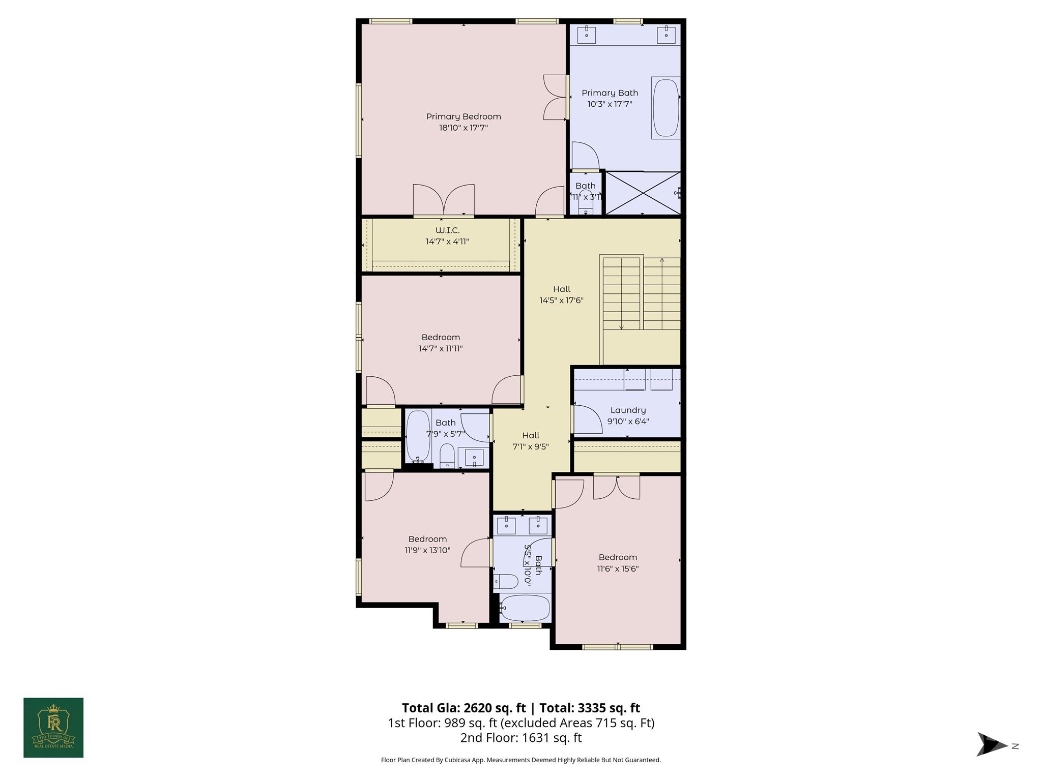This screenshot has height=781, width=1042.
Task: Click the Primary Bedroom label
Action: point(463,116)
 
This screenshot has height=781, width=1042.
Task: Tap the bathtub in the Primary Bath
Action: point(665,108)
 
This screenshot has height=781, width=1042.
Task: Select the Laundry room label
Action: point(628,410)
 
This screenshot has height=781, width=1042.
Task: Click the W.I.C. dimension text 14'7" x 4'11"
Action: point(447,242)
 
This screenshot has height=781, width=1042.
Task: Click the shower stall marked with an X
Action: point(643,193)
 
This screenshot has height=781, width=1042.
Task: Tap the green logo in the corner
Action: point(53,728)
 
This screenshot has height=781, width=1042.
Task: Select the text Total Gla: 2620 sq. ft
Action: point(463,708)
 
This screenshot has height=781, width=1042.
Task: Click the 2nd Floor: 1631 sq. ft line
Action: point(520,738)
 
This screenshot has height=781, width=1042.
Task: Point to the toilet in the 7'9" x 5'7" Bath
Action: point(447,455)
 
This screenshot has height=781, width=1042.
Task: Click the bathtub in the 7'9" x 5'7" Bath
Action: point(418,436)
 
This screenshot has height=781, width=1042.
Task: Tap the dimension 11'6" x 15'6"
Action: point(618,568)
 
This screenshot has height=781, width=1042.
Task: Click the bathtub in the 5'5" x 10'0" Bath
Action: point(525,608)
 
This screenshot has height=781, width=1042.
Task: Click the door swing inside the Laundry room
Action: point(588,420)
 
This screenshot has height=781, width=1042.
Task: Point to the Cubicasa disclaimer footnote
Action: point(520,760)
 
